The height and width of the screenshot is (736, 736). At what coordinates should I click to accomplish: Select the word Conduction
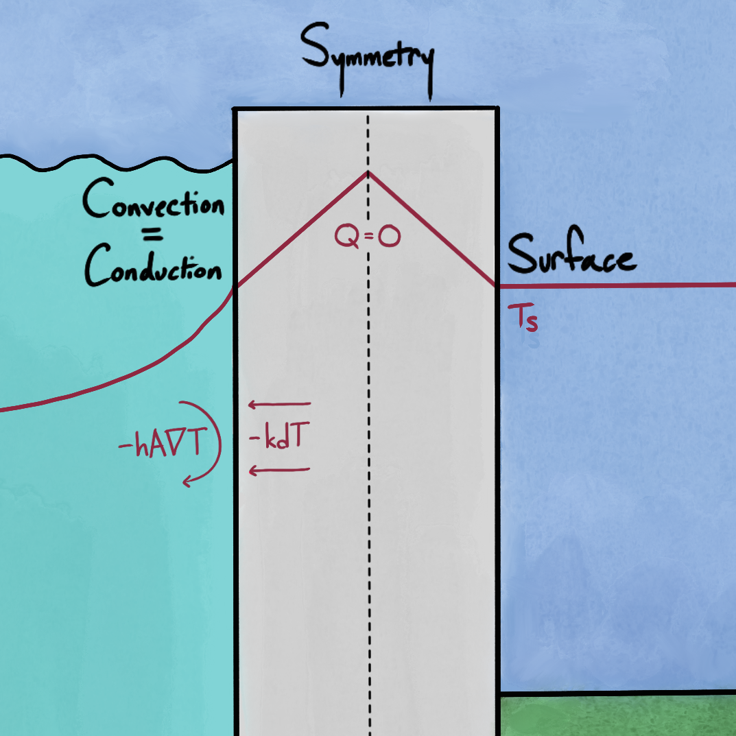tap(154, 270)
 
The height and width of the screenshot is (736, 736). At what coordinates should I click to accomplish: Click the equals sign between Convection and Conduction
tap(154, 237)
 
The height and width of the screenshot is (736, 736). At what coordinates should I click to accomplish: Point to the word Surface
tap(571, 257)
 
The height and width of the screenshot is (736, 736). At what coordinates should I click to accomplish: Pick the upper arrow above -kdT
tap(279, 404)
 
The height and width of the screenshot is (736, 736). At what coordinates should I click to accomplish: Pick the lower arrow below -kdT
tap(279, 470)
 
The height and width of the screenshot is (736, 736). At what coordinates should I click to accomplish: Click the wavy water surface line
tap(117, 164)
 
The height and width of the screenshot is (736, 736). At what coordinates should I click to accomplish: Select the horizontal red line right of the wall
tap(617, 285)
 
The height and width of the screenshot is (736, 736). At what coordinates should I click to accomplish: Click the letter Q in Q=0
tap(346, 237)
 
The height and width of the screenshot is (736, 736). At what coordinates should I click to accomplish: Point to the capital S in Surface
tap(523, 256)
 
